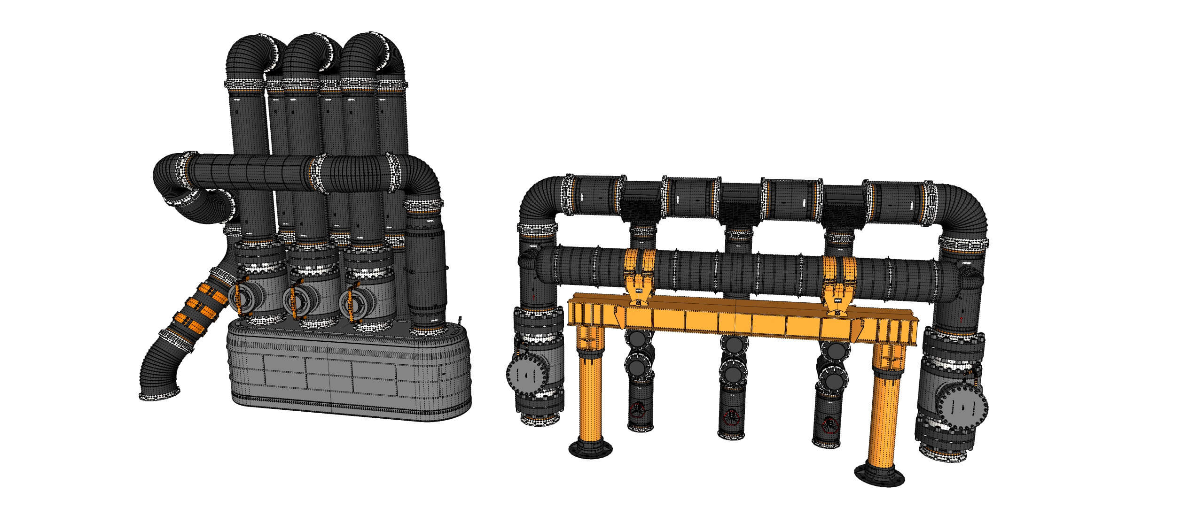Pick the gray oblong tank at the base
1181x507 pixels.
pos(348,371)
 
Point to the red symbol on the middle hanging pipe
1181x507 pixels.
pos(732,415)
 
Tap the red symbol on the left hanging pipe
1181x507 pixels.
pos(638,408)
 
